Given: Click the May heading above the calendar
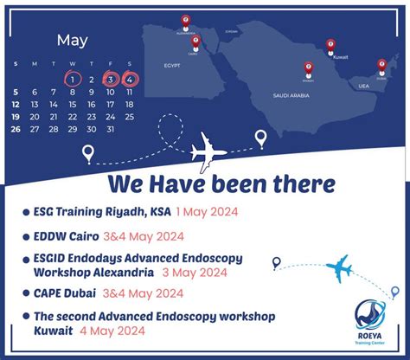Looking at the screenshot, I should coord(73,40).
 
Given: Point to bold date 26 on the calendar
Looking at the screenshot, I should coord(16,130).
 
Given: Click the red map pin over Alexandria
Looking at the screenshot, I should coord(185,21).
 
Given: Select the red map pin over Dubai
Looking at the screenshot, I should coord(381,64).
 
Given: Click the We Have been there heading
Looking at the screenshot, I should coord(221,183).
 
